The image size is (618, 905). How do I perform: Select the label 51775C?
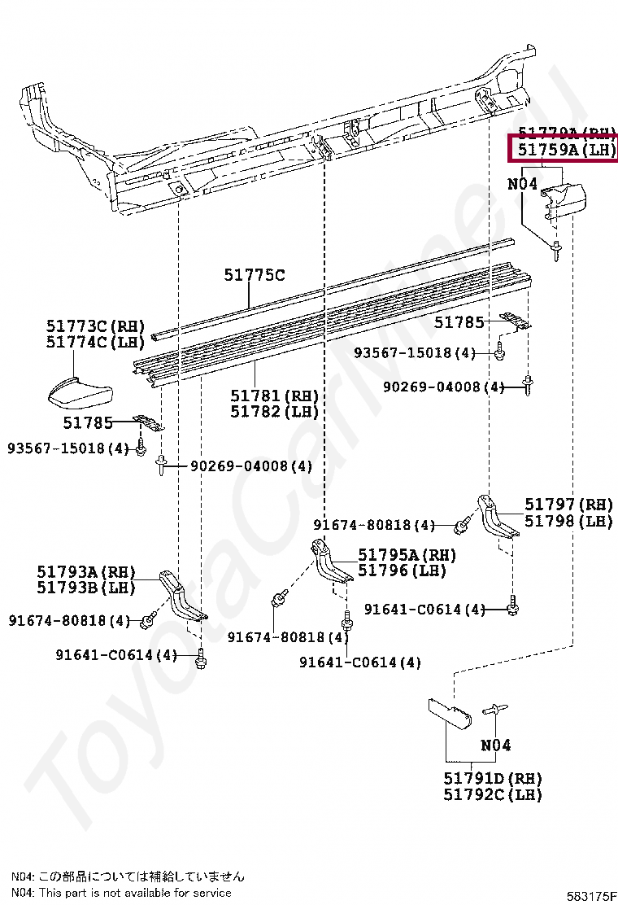point(255,276)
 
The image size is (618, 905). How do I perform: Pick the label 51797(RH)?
point(568,505)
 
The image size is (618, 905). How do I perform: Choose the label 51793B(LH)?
point(85,587)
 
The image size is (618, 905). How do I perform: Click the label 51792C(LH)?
point(493,794)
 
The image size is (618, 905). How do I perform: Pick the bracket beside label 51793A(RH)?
point(181,598)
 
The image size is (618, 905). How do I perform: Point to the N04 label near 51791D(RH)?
point(495,745)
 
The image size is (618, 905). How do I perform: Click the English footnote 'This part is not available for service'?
point(121,893)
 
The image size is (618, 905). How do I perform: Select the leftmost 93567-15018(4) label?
point(68,448)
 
